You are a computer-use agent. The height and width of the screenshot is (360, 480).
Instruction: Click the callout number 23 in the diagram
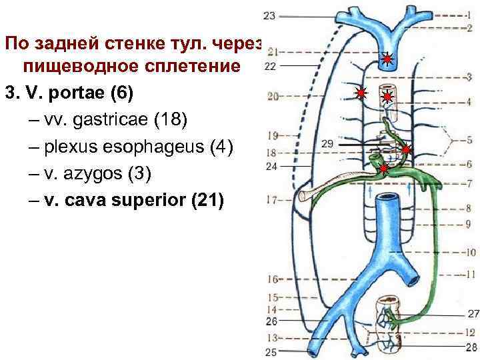pyautogui.click(x=269, y=15)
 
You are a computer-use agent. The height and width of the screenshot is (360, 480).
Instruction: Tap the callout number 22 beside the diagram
pyautogui.click(x=269, y=66)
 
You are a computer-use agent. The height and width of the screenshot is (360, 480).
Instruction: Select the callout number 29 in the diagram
pyautogui.click(x=327, y=143)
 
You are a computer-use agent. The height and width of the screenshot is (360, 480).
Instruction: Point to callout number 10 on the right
pyautogui.click(x=470, y=253)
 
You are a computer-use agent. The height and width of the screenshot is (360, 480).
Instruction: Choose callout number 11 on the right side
pyautogui.click(x=470, y=274)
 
